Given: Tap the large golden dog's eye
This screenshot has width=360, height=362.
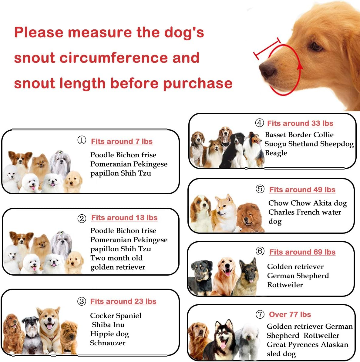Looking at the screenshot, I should (316, 47).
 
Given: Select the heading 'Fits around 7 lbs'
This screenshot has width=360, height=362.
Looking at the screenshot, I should (122, 142).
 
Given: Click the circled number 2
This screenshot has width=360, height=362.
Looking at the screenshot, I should (82, 218).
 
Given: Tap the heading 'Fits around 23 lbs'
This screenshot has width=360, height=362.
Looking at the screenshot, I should (123, 301).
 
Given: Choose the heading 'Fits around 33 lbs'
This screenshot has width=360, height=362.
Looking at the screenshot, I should (300, 123).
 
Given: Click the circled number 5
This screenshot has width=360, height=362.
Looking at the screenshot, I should (260, 189).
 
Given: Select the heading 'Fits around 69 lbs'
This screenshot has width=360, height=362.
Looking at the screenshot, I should (302, 252).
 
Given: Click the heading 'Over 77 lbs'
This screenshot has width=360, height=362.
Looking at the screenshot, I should (290, 314).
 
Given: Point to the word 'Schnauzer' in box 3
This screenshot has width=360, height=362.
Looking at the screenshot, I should (108, 343).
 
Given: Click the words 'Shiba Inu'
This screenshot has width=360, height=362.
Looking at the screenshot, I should (108, 325).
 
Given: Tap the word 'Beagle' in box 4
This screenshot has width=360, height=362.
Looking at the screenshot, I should (276, 153).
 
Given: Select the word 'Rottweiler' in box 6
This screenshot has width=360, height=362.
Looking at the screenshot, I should (285, 285).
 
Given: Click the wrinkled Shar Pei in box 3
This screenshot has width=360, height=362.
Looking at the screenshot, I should (69, 335).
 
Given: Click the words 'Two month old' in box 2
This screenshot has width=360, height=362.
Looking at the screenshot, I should (116, 258).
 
